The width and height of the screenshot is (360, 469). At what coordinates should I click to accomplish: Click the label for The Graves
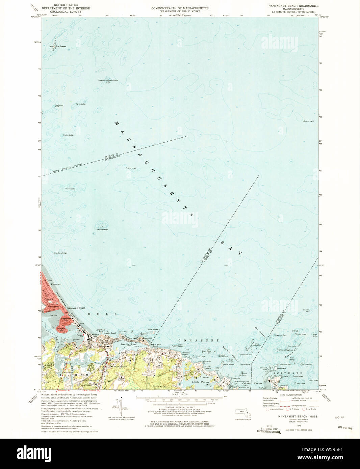click(61, 46)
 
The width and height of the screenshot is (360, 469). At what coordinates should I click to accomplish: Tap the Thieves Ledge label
click(131, 168)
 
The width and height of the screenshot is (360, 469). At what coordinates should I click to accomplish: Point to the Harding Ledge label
click(102, 229)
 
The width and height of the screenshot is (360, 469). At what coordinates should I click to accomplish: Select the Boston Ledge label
click(68, 135)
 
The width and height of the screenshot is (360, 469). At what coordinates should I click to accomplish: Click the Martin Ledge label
click(80, 104)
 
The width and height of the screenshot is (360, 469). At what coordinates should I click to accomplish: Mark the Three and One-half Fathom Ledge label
click(108, 81)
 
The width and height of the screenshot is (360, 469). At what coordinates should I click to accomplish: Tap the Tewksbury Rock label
click(59, 106)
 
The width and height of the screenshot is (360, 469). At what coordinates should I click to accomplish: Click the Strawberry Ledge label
click(60, 253)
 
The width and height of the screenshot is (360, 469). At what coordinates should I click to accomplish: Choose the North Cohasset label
click(120, 366)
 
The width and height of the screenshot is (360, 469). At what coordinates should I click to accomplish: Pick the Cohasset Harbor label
click(252, 384)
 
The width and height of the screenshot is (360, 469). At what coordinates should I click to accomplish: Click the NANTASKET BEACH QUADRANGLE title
click(293, 6)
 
